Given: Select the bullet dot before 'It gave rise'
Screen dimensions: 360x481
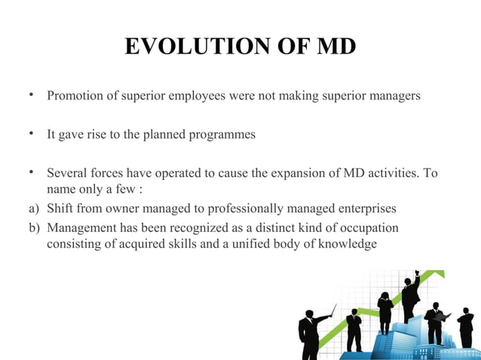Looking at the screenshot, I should click(x=29, y=134).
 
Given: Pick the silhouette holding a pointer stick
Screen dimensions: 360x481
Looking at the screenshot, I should click(x=309, y=331).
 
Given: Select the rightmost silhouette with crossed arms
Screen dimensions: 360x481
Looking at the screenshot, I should click(x=466, y=328).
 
